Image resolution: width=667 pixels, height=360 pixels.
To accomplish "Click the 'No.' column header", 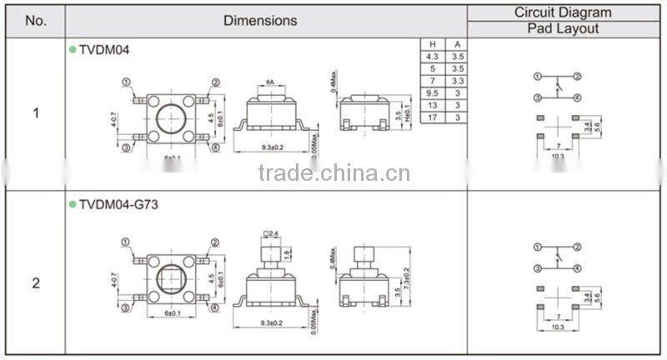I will click(35, 20).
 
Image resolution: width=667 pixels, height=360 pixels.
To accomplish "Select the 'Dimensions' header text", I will click(260, 20).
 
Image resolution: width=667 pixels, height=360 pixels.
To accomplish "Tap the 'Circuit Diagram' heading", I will click(563, 12).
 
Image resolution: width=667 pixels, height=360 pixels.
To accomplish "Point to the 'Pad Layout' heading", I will click(563, 28).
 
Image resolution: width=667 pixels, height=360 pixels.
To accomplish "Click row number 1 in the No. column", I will click(35, 113).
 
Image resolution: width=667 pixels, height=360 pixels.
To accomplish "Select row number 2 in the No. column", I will click(35, 282).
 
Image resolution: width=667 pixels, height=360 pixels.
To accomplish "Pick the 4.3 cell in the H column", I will click(433, 57).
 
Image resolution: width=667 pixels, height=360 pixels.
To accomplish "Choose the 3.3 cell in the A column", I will click(456, 81).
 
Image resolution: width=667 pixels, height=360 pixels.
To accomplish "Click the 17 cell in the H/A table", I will click(433, 117).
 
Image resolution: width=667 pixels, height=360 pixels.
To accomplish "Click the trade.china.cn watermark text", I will click(333, 173).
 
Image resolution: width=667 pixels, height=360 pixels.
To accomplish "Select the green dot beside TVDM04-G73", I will click(72, 203).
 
